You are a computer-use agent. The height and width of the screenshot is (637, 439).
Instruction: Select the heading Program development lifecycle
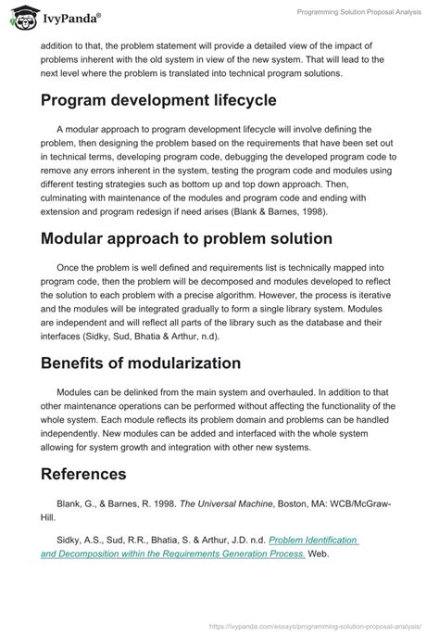158,101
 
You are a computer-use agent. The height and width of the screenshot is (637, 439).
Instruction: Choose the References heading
83,475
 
